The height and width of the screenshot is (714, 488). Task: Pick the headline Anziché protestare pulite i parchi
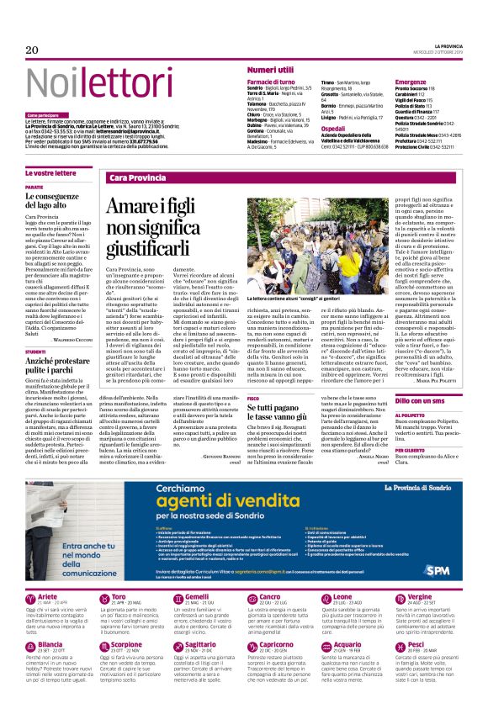(x=62, y=364)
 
